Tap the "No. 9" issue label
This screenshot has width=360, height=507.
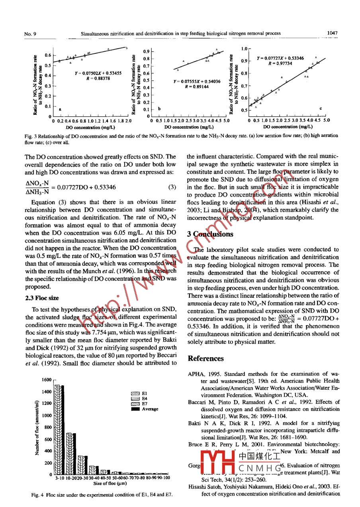pyautogui.click(x=30, y=34)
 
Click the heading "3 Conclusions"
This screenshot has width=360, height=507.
pyautogui.click(x=211, y=234)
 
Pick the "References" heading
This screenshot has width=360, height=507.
pyautogui.click(x=205, y=358)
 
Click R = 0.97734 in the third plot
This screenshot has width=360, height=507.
pyautogui.click(x=280, y=63)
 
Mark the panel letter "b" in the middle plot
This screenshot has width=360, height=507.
pyautogui.click(x=159, y=108)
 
